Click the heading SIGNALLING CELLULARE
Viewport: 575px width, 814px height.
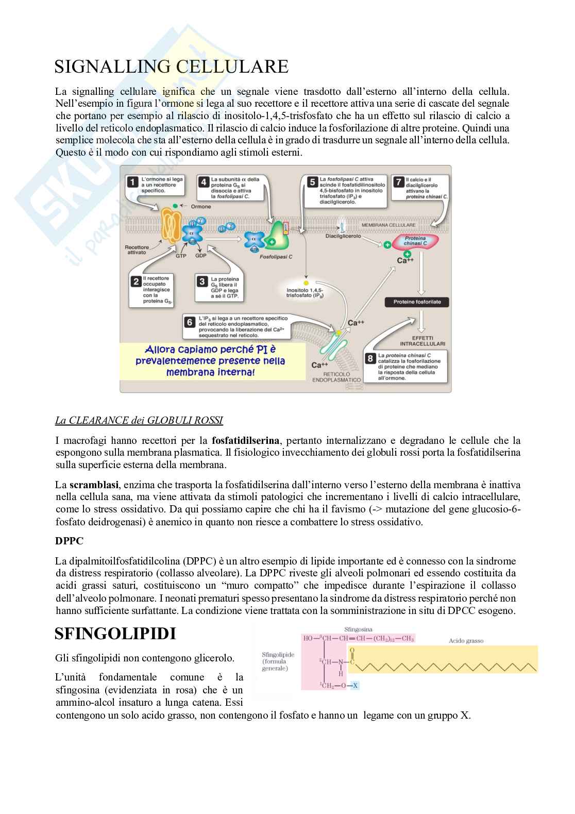click(x=171, y=67)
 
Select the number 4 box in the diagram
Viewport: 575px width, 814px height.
click(x=204, y=182)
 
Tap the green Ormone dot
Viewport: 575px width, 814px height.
click(x=175, y=206)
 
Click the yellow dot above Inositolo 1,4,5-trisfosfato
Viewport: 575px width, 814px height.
click(x=306, y=283)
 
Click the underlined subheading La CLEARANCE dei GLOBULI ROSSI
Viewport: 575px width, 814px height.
click(x=139, y=421)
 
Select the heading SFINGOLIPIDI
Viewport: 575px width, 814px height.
click(x=115, y=634)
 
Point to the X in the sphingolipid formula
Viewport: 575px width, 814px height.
click(x=355, y=685)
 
